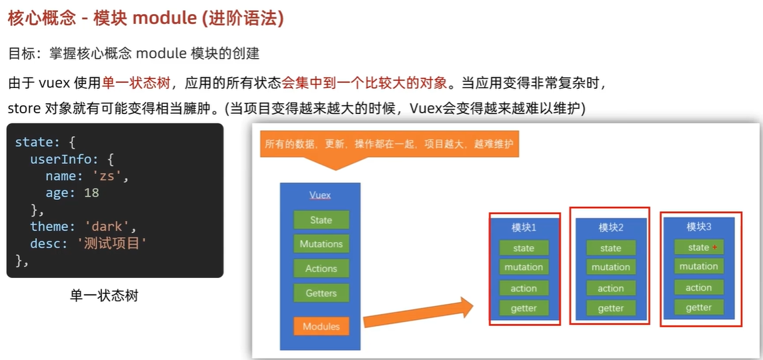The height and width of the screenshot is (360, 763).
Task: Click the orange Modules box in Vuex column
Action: [321, 327]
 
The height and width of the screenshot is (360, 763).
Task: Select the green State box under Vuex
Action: [321, 220]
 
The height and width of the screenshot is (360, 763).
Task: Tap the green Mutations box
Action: [321, 244]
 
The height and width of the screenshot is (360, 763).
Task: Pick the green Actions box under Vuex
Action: [321, 269]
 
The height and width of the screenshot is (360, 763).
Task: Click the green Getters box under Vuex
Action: [321, 293]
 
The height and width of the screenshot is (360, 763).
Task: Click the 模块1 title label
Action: [524, 227]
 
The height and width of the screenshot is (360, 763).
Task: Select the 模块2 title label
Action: [610, 227]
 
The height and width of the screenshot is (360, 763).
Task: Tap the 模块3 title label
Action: [698, 227]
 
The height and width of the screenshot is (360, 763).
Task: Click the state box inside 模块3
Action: [698, 247]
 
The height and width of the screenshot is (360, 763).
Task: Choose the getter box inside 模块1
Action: [524, 308]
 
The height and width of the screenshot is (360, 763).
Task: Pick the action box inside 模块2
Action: [610, 289]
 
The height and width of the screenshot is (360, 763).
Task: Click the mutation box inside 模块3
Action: [698, 267]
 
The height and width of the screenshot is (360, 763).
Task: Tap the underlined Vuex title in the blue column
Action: [320, 195]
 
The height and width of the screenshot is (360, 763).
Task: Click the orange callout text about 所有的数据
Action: [389, 143]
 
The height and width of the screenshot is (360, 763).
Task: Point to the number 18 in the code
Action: [91, 193]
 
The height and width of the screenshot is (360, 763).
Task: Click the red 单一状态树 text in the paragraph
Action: [135, 83]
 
